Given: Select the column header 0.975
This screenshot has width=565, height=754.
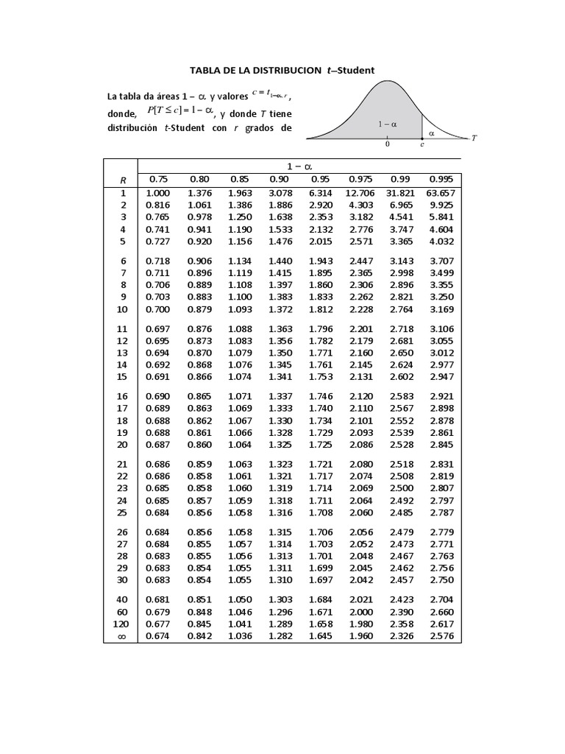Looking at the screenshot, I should (x=361, y=179).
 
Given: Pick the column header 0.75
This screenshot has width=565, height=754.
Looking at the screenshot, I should (x=158, y=179).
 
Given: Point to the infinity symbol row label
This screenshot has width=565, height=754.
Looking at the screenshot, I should (x=123, y=637).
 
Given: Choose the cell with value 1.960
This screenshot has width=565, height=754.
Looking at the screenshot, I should (x=361, y=637).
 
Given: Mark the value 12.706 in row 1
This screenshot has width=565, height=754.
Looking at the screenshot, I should (x=360, y=193).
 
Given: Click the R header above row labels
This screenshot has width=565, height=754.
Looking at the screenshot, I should (x=124, y=180).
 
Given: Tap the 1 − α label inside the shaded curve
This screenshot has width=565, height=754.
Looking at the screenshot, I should (x=388, y=124).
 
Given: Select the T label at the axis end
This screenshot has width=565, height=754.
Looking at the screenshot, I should (x=474, y=138).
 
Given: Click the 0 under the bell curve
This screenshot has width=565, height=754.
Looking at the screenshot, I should (x=388, y=145).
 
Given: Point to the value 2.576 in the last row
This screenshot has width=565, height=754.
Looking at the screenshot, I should (x=442, y=637).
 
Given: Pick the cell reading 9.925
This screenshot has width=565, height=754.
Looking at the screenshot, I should (x=442, y=205).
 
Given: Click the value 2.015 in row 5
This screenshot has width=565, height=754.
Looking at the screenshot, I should (x=321, y=241).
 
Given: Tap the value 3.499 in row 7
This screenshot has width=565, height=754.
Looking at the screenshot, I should (x=442, y=273).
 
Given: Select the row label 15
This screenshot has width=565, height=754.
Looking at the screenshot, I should (x=122, y=376).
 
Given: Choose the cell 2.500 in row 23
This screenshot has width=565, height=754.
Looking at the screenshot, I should (x=402, y=488).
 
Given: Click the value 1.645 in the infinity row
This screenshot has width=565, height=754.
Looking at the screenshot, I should (x=321, y=637).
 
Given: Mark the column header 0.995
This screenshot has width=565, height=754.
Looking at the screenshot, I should (x=442, y=179).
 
